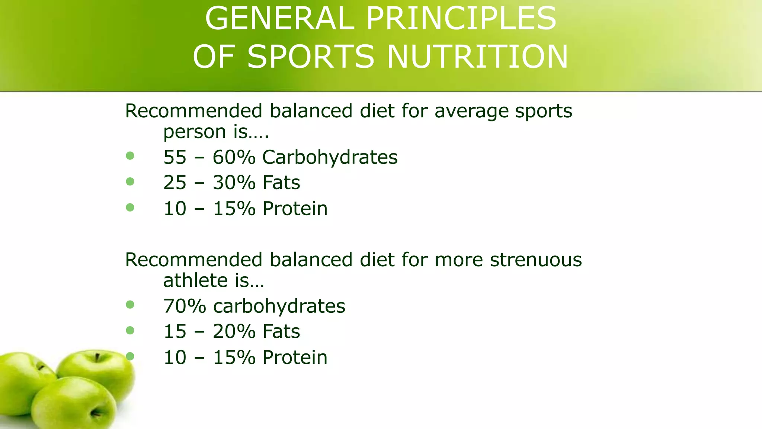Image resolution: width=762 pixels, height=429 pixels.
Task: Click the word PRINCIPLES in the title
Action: (x=461, y=19)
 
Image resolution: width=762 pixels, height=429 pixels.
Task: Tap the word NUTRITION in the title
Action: (x=478, y=57)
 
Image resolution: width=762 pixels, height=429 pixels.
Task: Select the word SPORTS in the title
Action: (x=311, y=57)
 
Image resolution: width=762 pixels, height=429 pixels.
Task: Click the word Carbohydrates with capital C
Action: (x=330, y=157)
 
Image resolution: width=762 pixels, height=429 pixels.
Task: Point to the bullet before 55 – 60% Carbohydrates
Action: (x=130, y=156)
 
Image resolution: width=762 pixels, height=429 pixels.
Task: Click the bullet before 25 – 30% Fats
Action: (x=130, y=181)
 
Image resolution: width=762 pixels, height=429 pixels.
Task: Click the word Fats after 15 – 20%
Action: (x=281, y=331)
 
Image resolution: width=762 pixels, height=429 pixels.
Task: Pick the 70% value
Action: (x=185, y=306)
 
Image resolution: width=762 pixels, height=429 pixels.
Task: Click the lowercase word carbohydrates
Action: (x=279, y=306)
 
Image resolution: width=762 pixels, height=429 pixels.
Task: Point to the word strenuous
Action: (x=536, y=260)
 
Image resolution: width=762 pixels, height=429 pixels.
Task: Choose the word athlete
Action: (x=195, y=280)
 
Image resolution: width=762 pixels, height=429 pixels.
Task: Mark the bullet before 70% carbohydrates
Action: (x=130, y=305)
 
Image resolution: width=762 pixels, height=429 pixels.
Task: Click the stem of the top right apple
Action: (x=97, y=357)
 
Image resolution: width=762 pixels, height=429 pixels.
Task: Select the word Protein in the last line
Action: (x=295, y=357)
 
